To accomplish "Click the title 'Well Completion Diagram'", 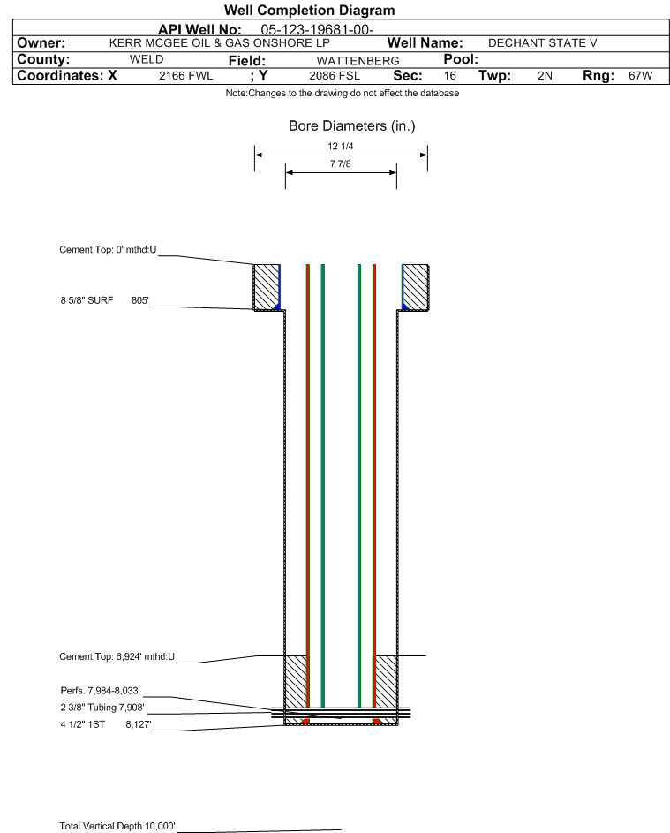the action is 310,10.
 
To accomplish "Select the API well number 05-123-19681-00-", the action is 317,30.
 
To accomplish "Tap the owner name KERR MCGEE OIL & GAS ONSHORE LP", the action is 219,43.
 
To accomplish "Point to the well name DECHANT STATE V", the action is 543,43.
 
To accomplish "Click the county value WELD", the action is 147,59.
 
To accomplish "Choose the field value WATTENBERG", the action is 358,61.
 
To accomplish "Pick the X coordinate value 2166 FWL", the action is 185,75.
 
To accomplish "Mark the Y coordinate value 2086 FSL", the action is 335,75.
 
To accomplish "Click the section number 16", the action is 449,75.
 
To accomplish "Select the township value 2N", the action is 545,75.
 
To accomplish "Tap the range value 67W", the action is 640,75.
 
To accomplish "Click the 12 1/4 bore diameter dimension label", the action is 341,146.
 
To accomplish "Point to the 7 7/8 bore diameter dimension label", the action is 341,163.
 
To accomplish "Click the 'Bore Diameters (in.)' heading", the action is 352,126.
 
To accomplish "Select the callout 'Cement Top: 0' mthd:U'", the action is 108,250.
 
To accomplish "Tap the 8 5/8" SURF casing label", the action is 87,300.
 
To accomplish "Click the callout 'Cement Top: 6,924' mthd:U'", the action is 117,656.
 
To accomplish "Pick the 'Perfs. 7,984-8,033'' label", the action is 101,691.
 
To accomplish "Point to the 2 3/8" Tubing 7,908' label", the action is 102,708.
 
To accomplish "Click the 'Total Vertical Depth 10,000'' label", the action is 117,826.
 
